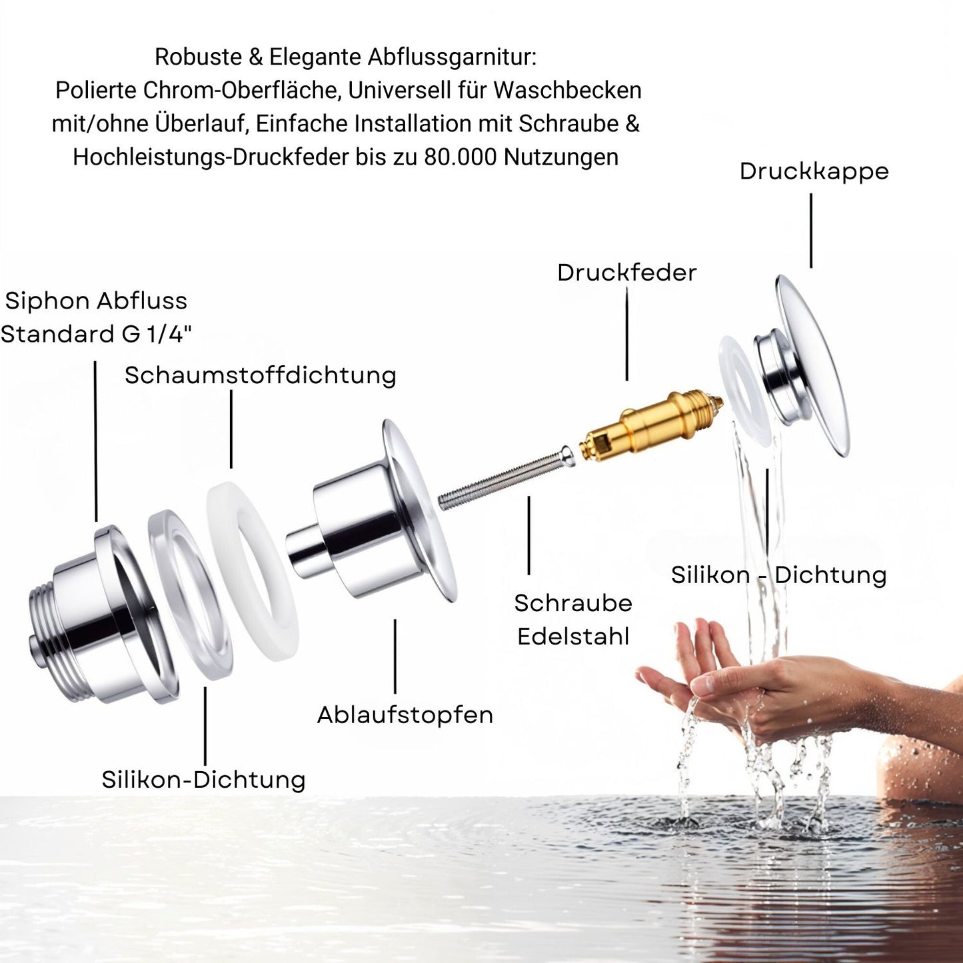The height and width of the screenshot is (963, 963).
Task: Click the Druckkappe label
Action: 814,171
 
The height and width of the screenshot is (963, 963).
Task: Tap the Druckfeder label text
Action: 626,273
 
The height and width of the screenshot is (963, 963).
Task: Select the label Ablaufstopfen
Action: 405,715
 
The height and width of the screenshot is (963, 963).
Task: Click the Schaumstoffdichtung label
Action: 261,375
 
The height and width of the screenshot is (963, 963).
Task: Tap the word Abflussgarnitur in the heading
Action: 452,57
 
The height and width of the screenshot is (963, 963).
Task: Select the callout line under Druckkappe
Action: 810,231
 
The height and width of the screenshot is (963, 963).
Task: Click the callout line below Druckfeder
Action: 627,337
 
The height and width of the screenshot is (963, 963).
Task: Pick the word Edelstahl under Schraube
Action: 573,636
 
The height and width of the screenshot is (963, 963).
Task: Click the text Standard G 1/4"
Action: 97,334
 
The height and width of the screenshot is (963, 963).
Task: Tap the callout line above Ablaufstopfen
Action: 395,656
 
